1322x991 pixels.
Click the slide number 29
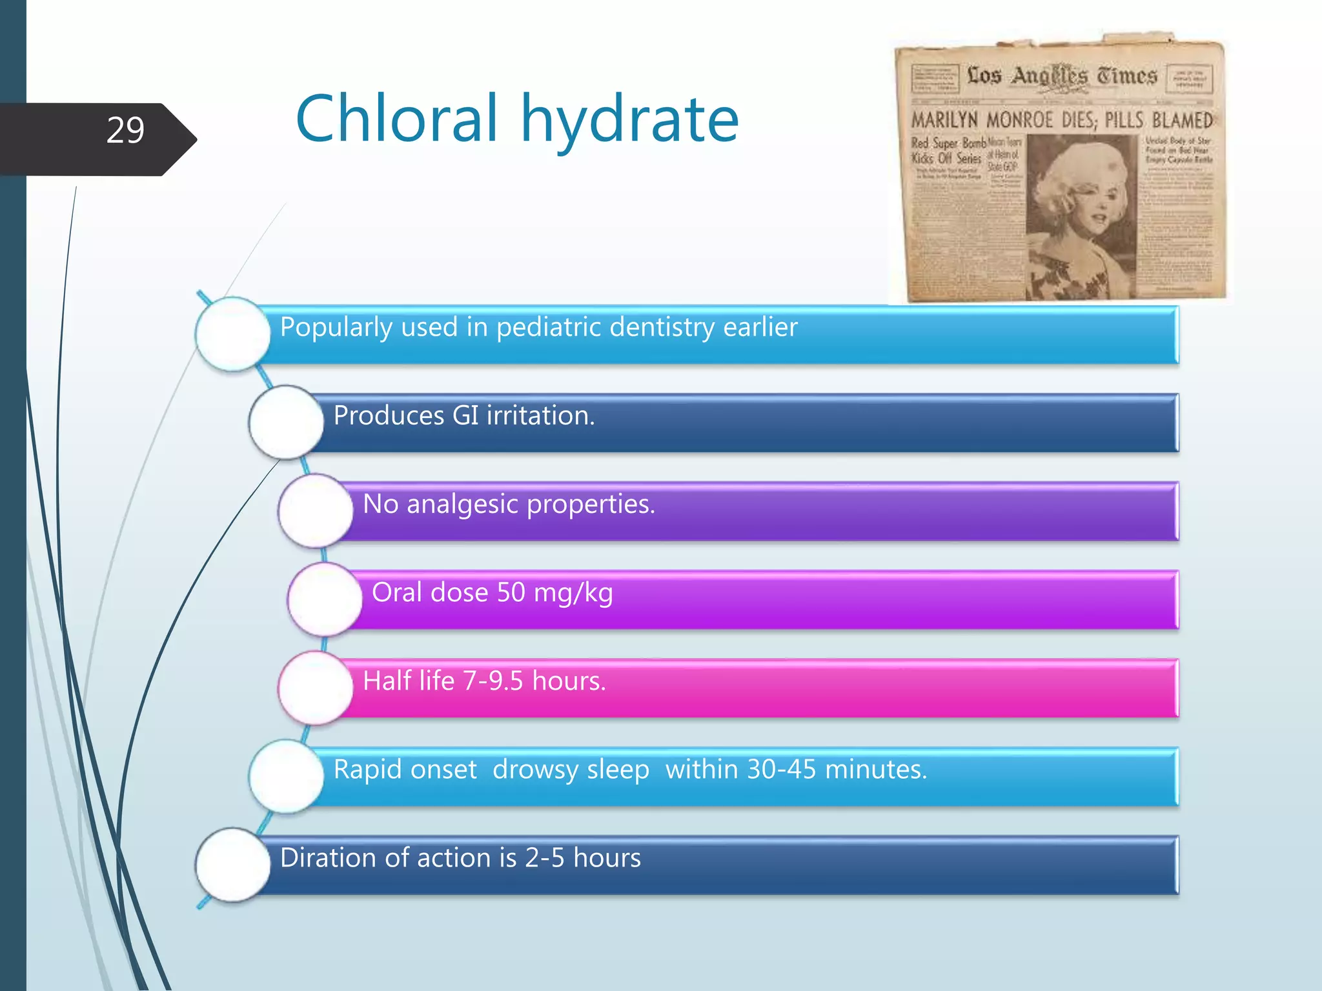click(x=125, y=131)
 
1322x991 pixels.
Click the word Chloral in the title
click(x=396, y=119)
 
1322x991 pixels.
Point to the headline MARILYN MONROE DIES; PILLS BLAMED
click(x=1061, y=120)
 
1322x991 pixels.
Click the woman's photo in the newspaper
click(x=1081, y=216)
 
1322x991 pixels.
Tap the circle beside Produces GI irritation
click(x=286, y=423)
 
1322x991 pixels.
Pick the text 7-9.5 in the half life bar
click(x=493, y=681)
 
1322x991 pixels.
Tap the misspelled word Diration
click(x=328, y=857)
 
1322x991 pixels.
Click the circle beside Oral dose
click(x=325, y=599)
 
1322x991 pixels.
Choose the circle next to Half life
click(x=316, y=688)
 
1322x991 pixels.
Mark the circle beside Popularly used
click(x=232, y=334)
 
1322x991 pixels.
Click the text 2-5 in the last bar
click(x=544, y=857)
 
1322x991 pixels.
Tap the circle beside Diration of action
click(x=232, y=865)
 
